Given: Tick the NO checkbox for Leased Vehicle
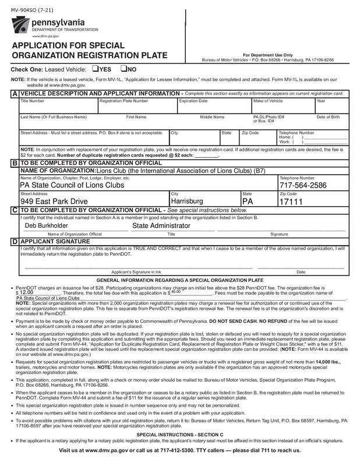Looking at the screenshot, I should click(123, 69).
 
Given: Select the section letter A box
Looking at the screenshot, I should click(15, 93).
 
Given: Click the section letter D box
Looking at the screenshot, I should click(15, 241).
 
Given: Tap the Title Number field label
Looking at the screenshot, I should click(32, 101).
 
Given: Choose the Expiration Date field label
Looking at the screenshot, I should click(193, 101).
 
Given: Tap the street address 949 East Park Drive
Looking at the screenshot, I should click(54, 201).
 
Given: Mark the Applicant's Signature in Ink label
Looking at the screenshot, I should click(136, 271).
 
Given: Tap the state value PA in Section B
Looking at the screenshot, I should click(248, 201).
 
